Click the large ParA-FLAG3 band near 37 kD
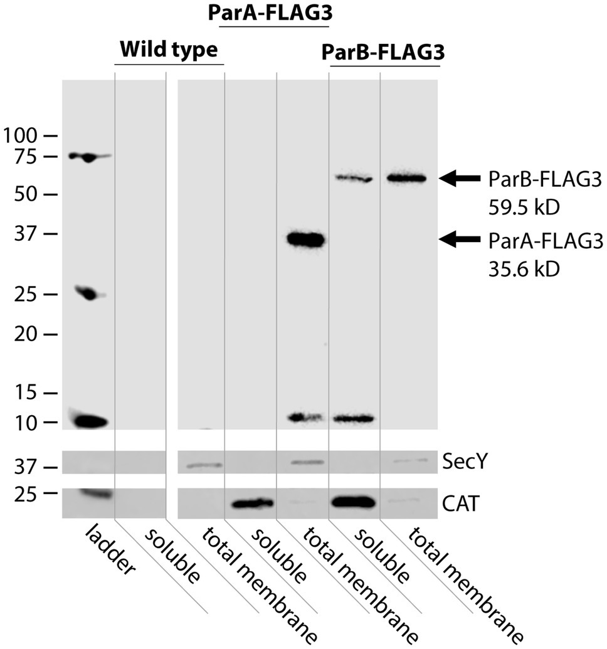click(x=302, y=239)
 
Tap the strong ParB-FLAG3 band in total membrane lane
click(x=406, y=179)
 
